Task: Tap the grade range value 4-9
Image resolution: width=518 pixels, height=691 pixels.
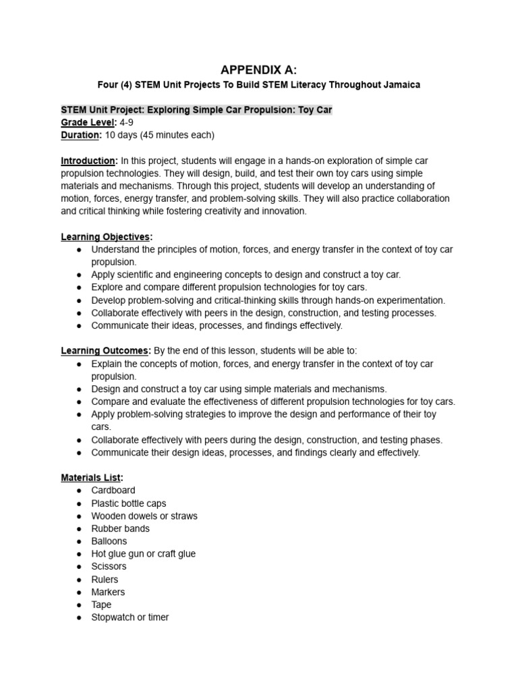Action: point(126,122)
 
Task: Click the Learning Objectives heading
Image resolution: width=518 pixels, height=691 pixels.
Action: point(107,237)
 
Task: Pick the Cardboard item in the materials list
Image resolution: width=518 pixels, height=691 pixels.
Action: point(113,491)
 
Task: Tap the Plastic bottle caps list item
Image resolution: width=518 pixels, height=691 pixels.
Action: point(128,503)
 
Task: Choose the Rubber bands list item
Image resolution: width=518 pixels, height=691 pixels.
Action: point(121,528)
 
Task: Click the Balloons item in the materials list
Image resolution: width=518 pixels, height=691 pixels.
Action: point(109,541)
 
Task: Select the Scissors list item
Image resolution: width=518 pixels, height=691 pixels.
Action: point(109,567)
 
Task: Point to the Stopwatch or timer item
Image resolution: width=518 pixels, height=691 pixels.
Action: point(130,617)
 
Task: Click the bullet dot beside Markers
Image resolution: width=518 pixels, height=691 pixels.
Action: point(79,592)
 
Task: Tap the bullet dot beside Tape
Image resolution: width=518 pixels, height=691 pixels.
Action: point(79,605)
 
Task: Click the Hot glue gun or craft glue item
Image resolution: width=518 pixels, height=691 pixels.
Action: point(143,554)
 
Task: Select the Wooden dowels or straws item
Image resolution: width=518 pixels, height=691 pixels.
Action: point(144,516)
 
